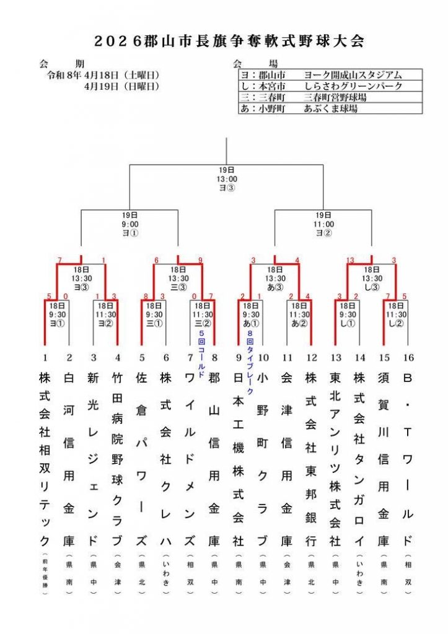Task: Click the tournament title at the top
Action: point(227,41)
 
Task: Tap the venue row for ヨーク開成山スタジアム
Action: point(329,75)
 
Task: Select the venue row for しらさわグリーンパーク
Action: point(329,86)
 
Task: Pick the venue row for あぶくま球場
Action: point(329,108)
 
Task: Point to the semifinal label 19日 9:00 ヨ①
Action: point(130,224)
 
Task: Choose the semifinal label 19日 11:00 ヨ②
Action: point(324,224)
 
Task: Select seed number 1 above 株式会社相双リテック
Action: point(45,357)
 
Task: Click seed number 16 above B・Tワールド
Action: point(407,357)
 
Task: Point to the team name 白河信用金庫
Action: point(69,458)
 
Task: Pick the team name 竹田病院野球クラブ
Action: point(118,458)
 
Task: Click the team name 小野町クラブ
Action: point(263,458)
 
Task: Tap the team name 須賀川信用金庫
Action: point(384,458)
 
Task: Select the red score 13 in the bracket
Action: point(351,260)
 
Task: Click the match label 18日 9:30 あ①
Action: point(251,314)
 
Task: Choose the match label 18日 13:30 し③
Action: point(372,278)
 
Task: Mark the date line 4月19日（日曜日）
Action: point(121,86)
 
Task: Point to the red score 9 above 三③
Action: point(200,260)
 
